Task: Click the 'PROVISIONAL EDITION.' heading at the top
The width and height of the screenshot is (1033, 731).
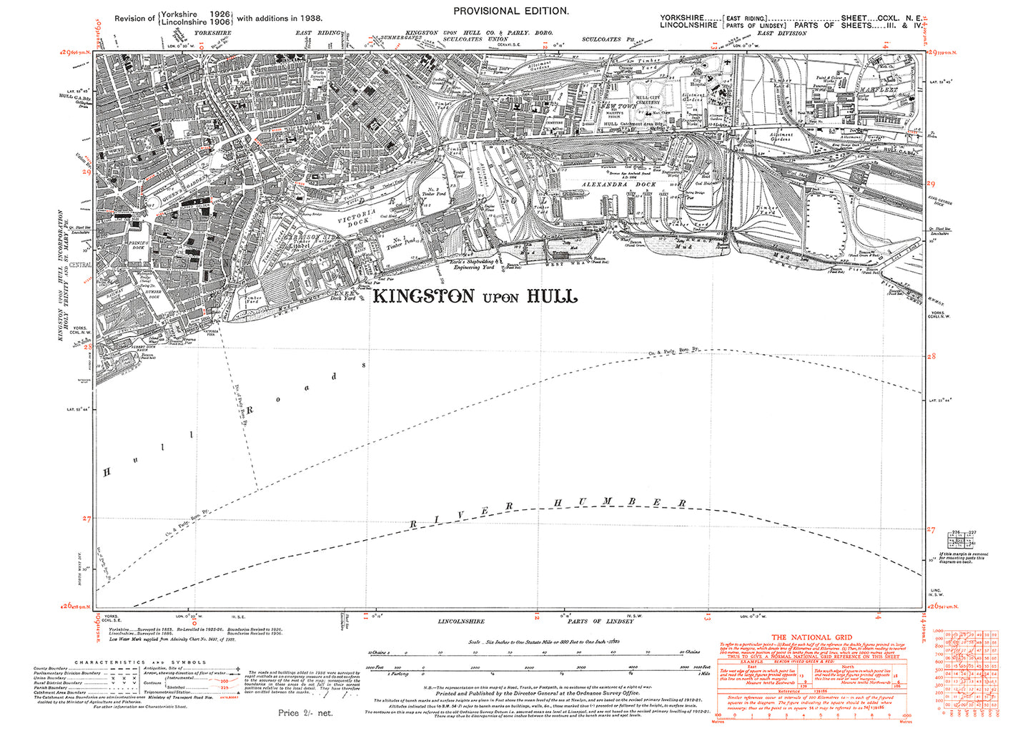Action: point(511,11)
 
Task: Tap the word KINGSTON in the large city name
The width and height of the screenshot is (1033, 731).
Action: point(424,296)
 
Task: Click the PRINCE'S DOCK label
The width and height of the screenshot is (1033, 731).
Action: point(138,245)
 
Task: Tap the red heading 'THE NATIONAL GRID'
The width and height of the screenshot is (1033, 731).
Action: point(811,637)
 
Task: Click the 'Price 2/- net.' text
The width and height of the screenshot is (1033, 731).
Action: point(305,712)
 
